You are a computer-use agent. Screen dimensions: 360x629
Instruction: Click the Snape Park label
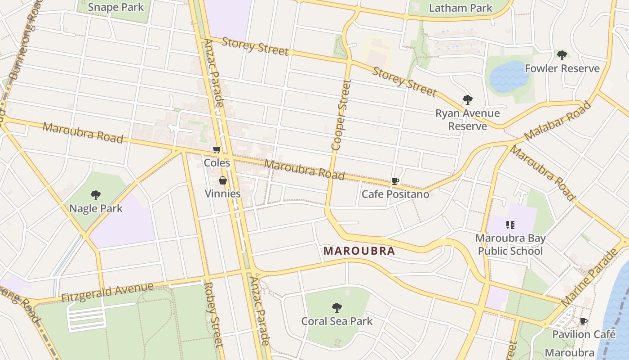coord(116,7)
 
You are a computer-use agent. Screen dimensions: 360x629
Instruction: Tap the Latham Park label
coord(461,8)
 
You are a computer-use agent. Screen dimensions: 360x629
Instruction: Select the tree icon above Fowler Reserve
coord(562,55)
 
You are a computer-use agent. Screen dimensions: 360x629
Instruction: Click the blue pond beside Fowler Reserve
coord(509,76)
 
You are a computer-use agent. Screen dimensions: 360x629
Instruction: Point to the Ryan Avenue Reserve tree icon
coord(467,100)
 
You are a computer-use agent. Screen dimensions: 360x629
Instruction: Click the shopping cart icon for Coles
coord(217,150)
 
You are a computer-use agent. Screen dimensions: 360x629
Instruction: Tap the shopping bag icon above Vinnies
coord(222,181)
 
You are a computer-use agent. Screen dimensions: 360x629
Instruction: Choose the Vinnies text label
coord(222,193)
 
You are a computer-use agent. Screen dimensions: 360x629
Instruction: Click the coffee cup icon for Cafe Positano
coord(395,181)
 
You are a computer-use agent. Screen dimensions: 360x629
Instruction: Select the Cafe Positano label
coord(395,194)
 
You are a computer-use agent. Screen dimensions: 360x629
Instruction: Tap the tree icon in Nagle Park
coord(95,195)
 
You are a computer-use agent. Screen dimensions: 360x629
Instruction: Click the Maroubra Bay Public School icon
coord(510,225)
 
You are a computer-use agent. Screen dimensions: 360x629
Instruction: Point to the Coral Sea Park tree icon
coord(337,308)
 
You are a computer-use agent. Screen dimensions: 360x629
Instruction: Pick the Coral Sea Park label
coord(337,321)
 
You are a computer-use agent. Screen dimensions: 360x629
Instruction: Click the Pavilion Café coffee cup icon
coord(583,321)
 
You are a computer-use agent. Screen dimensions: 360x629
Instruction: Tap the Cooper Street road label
coord(340,115)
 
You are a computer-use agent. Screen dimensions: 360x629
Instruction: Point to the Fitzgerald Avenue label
coord(107,292)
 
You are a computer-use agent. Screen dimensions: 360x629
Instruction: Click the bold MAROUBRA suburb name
coord(359,251)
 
